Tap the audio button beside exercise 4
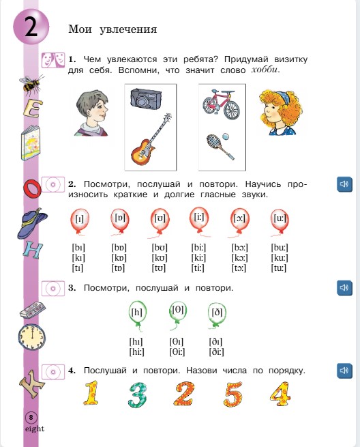point(344,371)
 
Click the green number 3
point(138,396)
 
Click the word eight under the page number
point(33,429)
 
